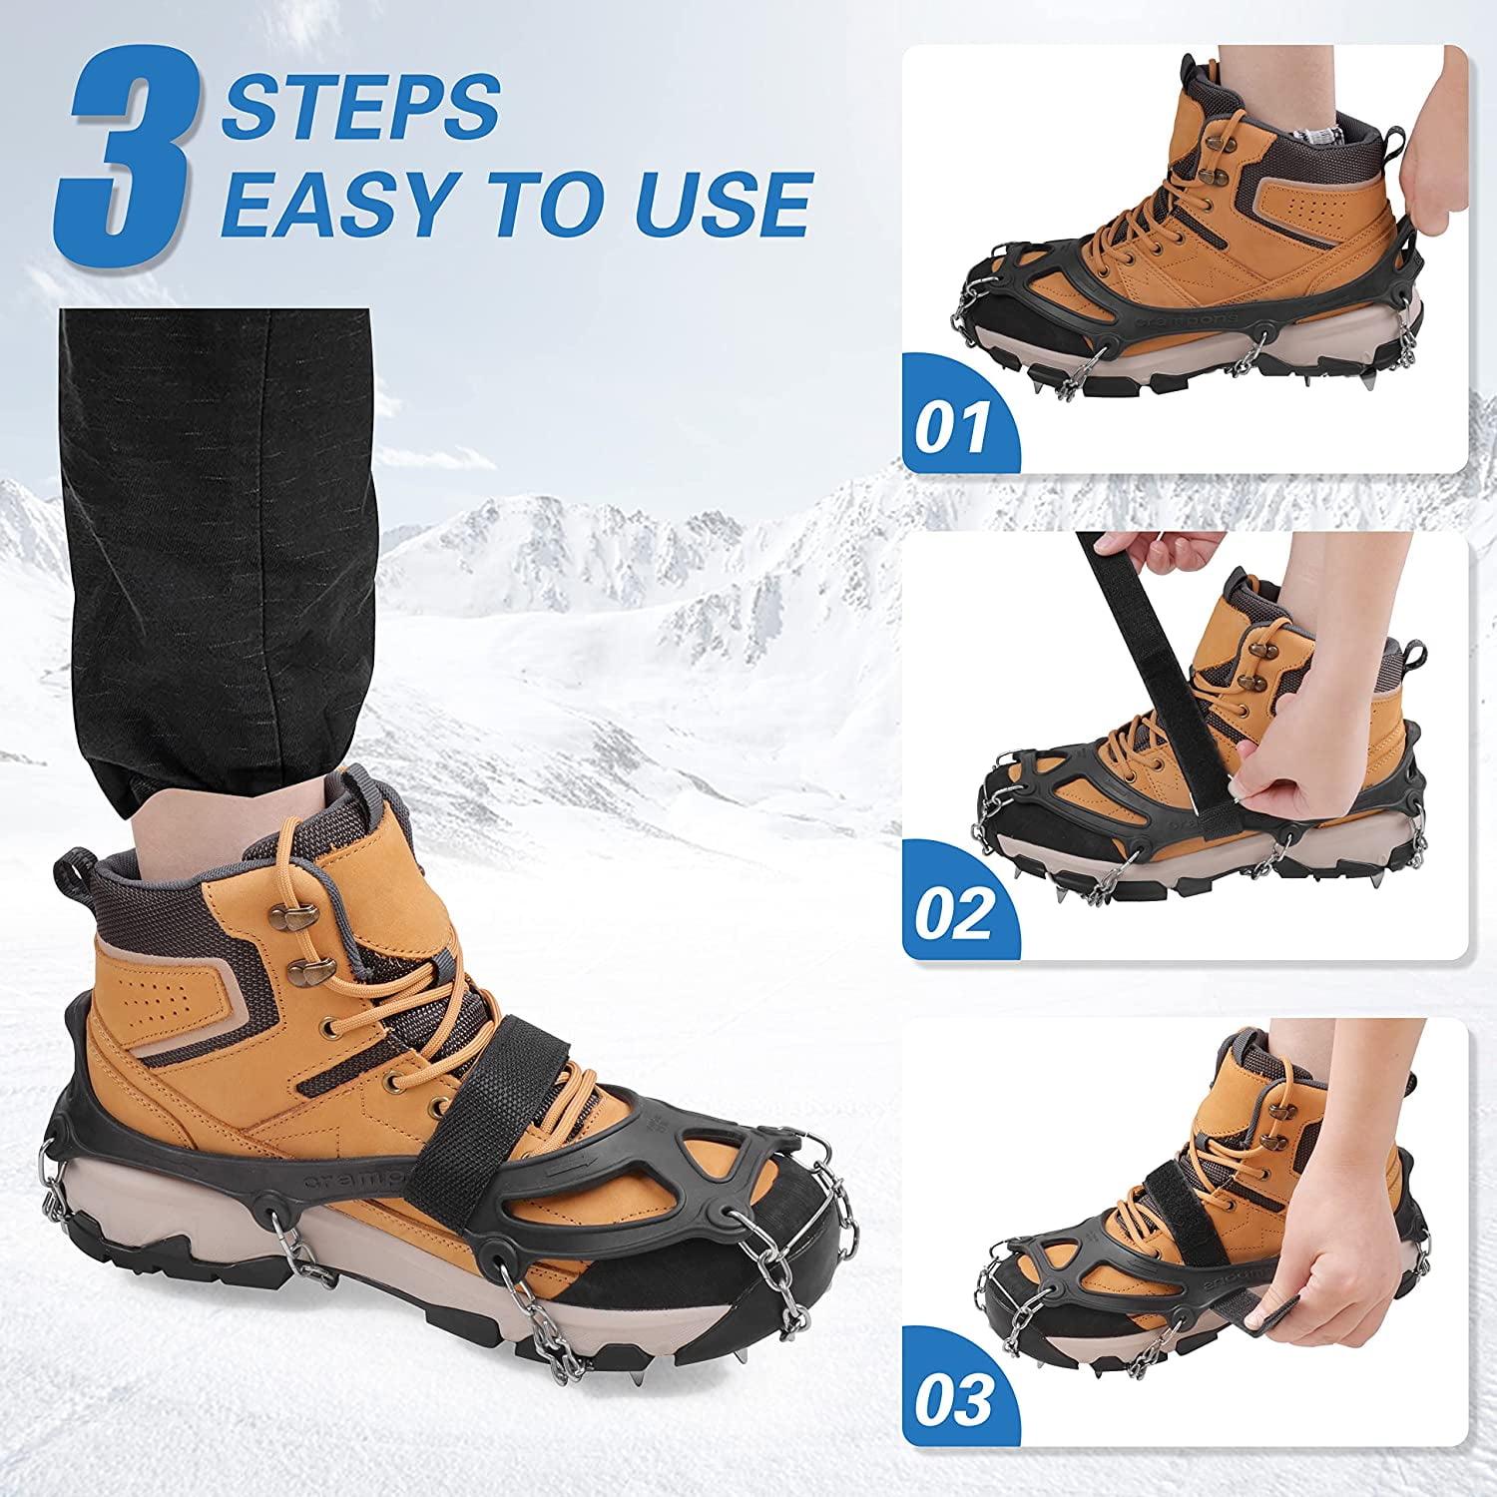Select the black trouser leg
pos(215,559)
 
